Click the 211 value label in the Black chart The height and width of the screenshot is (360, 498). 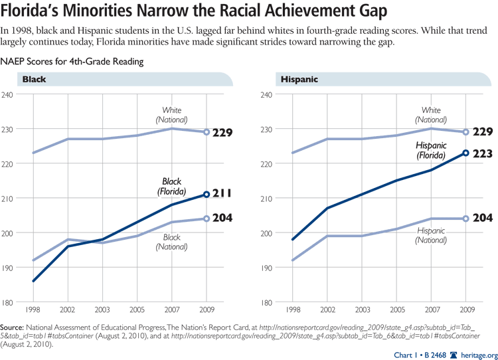pos(222,195)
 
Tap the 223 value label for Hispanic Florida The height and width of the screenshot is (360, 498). pos(482,153)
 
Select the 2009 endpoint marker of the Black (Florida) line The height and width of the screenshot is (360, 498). pos(207,195)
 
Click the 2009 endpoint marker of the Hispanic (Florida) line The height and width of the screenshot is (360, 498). pos(465,153)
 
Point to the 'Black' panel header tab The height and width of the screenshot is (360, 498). pos(35,79)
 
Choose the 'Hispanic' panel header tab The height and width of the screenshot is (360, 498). pos(298,79)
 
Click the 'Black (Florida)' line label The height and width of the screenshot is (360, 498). pos(172,187)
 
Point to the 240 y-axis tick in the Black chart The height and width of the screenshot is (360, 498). pos(9,94)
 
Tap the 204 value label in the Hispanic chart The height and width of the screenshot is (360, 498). pos(482,219)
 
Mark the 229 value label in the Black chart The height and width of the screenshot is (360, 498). pos(222,133)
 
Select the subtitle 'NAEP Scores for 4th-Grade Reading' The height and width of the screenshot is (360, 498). pos(72,61)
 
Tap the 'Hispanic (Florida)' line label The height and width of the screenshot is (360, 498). pos(432,150)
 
